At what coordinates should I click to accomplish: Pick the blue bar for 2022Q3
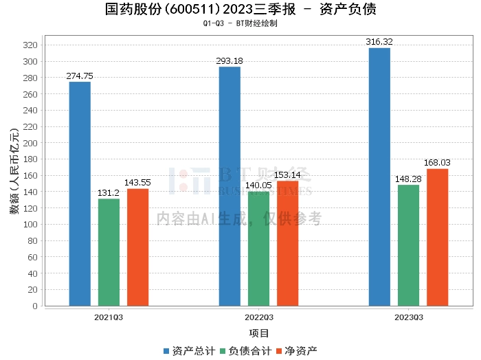coord(230,186)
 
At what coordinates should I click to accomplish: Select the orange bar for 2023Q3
coord(437,237)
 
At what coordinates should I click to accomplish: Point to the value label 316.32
coord(379,42)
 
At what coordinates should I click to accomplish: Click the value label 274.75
coord(80,76)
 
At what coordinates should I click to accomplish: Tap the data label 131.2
coord(109,193)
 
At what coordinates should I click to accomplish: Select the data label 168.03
coord(437,163)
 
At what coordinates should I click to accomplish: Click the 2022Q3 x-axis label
coord(258,317)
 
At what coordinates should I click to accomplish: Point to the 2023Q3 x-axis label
coord(408,317)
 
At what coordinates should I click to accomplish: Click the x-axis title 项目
coord(258,334)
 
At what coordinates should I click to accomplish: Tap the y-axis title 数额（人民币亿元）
coord(14,171)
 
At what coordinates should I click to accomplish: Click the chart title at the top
coord(240,10)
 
